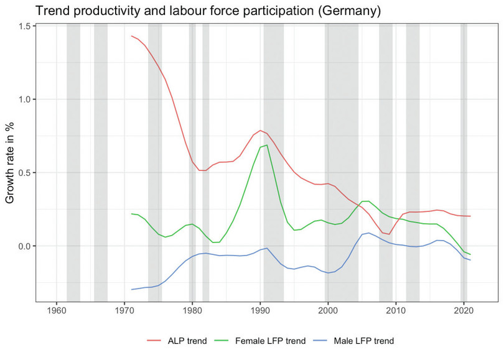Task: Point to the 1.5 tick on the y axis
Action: click(22, 26)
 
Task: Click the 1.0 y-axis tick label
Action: click(22, 99)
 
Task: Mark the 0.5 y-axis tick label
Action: click(22, 173)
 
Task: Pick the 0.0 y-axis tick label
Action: click(22, 246)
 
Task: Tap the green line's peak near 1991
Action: click(267, 145)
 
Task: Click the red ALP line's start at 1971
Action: click(131, 36)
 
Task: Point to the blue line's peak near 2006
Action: click(369, 233)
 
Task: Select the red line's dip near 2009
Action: click(389, 234)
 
